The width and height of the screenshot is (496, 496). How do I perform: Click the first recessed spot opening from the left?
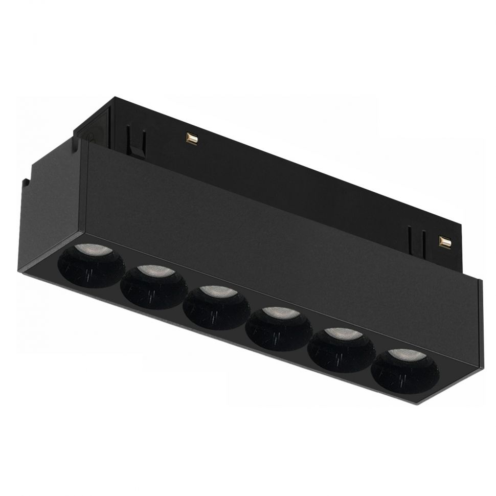[x=91, y=265]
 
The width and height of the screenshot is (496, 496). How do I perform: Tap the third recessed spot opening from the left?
[x=216, y=307]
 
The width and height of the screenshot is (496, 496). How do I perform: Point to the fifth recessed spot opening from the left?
[x=341, y=349]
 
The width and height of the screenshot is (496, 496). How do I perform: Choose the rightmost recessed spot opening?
[x=404, y=370]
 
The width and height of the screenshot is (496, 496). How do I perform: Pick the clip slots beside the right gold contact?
[x=416, y=236]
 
